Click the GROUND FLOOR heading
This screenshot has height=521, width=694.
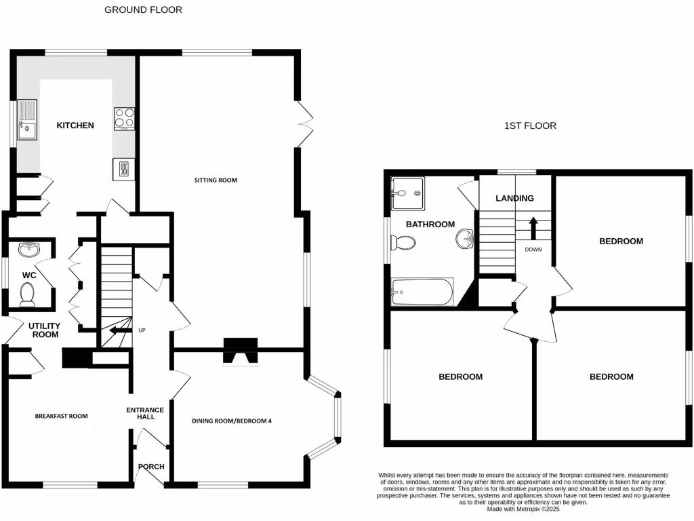click(x=143, y=10)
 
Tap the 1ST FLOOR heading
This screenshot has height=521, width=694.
click(x=530, y=126)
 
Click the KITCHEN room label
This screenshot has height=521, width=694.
click(x=75, y=126)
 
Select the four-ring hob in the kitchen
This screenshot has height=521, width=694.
click(x=124, y=118)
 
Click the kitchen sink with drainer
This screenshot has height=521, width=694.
click(x=26, y=119)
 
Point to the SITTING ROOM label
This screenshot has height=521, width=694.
click(x=216, y=180)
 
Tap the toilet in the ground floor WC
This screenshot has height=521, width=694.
click(x=28, y=294)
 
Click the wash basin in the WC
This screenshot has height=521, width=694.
click(x=28, y=250)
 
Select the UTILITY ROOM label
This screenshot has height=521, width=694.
click(x=43, y=330)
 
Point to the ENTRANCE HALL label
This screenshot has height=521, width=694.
click(x=146, y=413)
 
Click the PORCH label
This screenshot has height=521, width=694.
click(x=150, y=467)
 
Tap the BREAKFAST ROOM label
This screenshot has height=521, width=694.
click(x=61, y=416)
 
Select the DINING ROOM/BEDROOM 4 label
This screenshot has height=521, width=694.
click(x=232, y=421)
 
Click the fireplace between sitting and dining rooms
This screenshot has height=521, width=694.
click(x=241, y=352)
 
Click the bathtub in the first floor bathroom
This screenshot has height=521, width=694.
click(x=422, y=292)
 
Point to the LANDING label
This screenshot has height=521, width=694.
click(x=515, y=199)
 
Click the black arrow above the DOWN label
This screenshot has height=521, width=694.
click(x=533, y=227)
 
